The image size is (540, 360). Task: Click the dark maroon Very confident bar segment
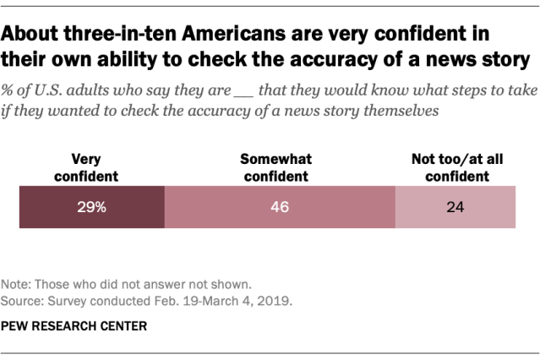click(91, 207)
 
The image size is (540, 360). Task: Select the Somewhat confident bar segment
click(279, 207)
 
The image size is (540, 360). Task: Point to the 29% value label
click(90, 207)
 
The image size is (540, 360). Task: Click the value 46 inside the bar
click(279, 207)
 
